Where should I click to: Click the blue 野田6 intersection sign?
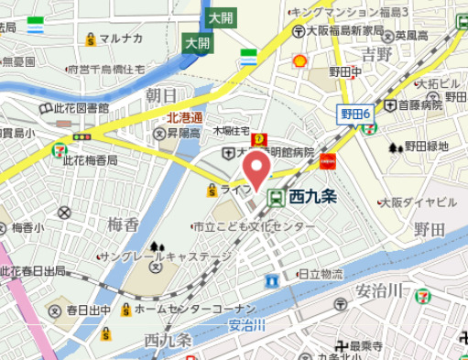354,113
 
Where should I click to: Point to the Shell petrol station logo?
299,61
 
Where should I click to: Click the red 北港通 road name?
185,118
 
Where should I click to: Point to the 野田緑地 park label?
426,146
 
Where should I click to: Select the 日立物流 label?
321,274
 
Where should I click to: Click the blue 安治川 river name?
246,324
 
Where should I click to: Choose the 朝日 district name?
161,95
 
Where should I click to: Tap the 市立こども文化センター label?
247,225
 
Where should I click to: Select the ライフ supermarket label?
235,190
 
